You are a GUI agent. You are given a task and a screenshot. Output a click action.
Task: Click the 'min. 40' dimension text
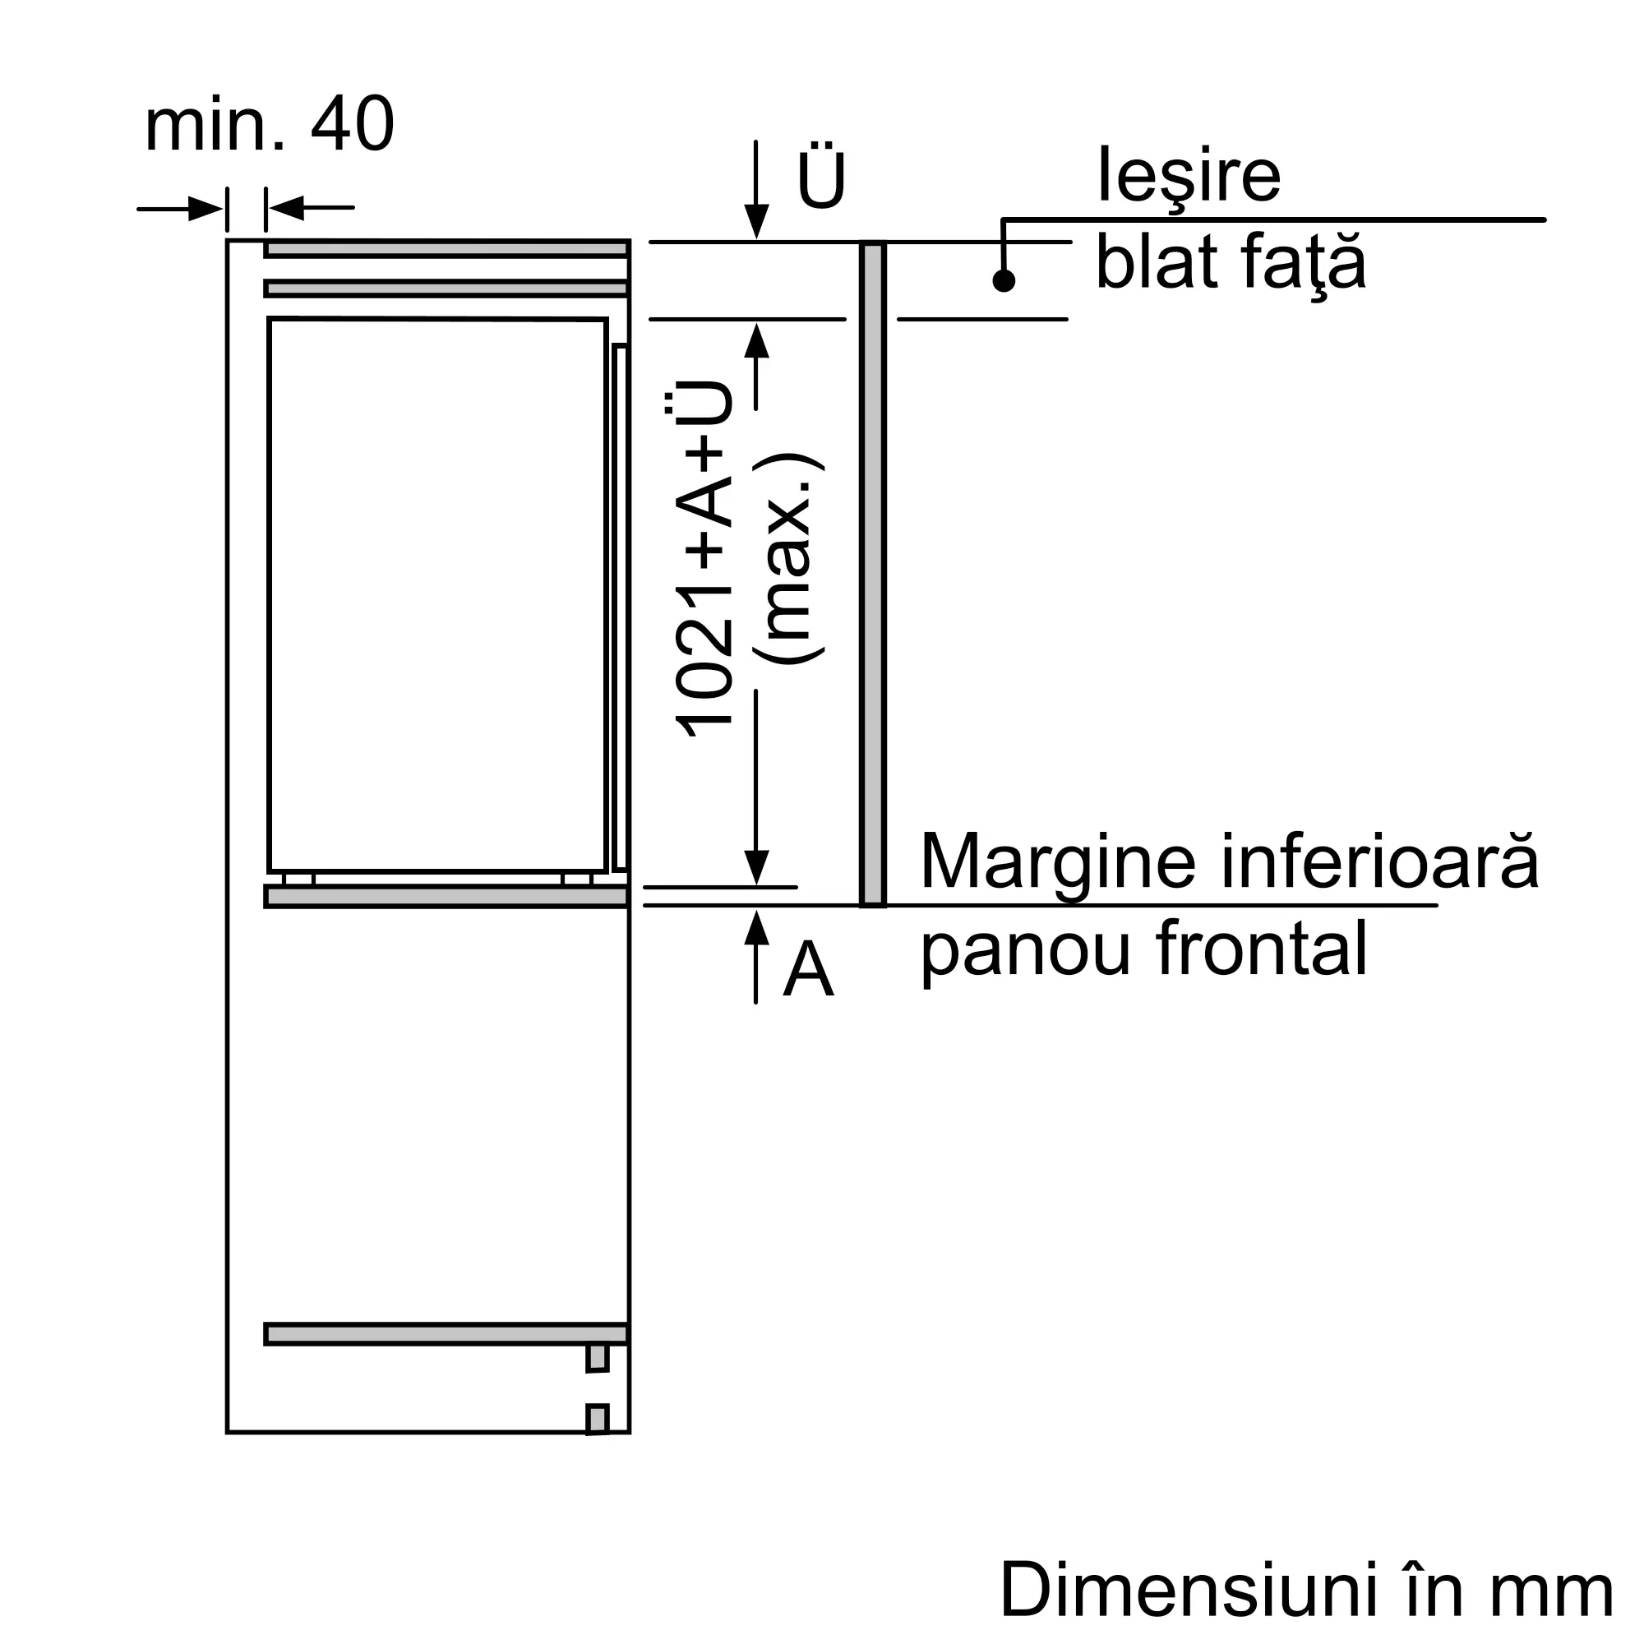pos(269,125)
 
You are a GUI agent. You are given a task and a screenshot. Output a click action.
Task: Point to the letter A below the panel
pos(807,971)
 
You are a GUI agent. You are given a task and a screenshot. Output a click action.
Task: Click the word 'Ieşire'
pos(1189,175)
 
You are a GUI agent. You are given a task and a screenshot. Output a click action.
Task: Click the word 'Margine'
pos(1059,862)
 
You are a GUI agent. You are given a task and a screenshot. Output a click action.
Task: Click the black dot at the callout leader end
pos(1004,281)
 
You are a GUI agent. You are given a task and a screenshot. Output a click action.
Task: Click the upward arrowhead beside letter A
pos(756,927)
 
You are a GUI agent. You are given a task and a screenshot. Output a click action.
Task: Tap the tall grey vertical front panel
pos(873,574)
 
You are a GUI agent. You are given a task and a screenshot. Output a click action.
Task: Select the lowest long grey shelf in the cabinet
pos(446,1334)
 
